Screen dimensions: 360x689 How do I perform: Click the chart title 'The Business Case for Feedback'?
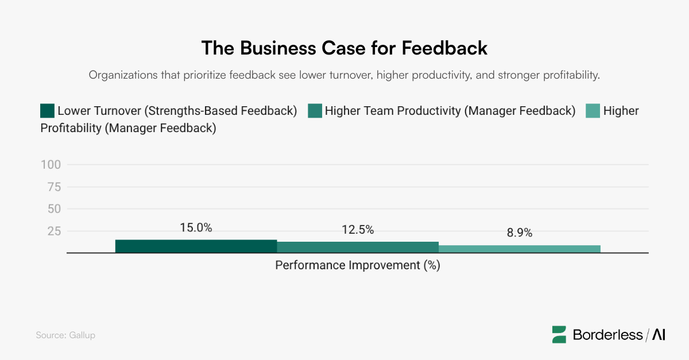point(344,48)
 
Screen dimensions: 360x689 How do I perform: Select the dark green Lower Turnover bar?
point(196,246)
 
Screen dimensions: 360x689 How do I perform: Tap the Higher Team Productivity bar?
point(358,247)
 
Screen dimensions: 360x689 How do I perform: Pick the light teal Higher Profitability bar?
point(519,249)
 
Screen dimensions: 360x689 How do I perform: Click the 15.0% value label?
point(196,227)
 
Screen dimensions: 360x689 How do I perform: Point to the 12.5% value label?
point(358,230)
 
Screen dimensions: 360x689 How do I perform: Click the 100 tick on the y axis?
point(51,165)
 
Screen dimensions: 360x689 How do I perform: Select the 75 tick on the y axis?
point(54,187)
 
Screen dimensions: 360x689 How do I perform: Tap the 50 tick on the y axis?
point(54,209)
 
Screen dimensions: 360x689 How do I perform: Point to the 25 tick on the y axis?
point(54,231)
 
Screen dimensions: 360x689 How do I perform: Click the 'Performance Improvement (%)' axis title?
point(357,266)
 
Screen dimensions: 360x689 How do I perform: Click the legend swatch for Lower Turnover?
point(47,111)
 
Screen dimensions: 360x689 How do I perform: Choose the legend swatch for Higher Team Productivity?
point(315,111)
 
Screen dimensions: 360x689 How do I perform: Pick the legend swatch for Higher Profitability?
point(593,111)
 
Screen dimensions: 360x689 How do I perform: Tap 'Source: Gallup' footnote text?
point(65,335)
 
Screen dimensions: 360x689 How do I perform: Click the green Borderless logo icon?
point(559,335)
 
